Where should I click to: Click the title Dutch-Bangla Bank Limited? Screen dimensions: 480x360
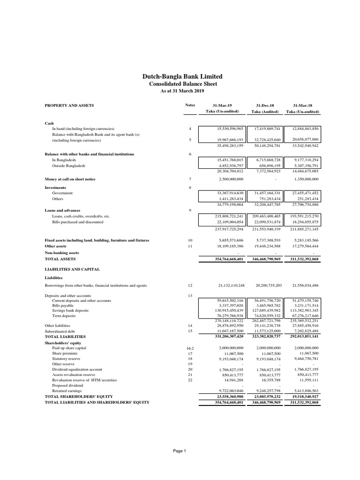(182, 76)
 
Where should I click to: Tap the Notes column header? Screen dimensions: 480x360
(190, 105)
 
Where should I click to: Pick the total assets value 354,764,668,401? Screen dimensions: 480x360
(223, 259)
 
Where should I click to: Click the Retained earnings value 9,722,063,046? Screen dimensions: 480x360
(224, 390)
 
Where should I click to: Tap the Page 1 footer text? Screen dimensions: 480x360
(180, 451)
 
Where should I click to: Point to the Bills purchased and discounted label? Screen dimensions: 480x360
(77, 222)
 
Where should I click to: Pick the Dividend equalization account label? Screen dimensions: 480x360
(77, 369)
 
